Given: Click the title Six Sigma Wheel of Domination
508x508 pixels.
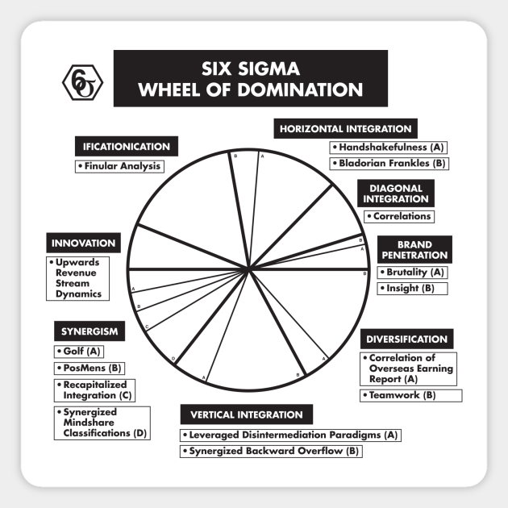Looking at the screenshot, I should [250, 78].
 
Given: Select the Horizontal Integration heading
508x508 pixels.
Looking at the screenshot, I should [345, 129].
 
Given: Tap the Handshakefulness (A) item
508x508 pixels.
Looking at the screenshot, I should [389, 148].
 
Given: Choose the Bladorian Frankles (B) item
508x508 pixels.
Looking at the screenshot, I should [389, 164].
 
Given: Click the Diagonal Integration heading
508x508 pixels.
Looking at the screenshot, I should [394, 193].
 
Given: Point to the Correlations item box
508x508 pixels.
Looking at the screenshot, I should [398, 216].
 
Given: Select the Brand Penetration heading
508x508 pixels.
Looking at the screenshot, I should [414, 249].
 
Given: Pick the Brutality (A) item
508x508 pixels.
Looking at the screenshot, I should [412, 273].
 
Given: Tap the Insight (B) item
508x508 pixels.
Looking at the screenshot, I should [411, 288].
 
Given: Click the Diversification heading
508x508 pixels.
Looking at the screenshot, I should [406, 339].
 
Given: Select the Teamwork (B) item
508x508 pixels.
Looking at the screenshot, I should [410, 395].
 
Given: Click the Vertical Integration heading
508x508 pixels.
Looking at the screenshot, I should [246, 415].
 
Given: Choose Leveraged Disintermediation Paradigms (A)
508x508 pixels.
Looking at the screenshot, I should [290, 435].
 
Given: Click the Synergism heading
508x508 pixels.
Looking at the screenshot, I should [90, 331].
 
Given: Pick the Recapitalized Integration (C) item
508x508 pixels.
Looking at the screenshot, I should [94, 390].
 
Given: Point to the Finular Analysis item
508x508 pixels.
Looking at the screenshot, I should [119, 166].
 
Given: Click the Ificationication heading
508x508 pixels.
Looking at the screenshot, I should [126, 147].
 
